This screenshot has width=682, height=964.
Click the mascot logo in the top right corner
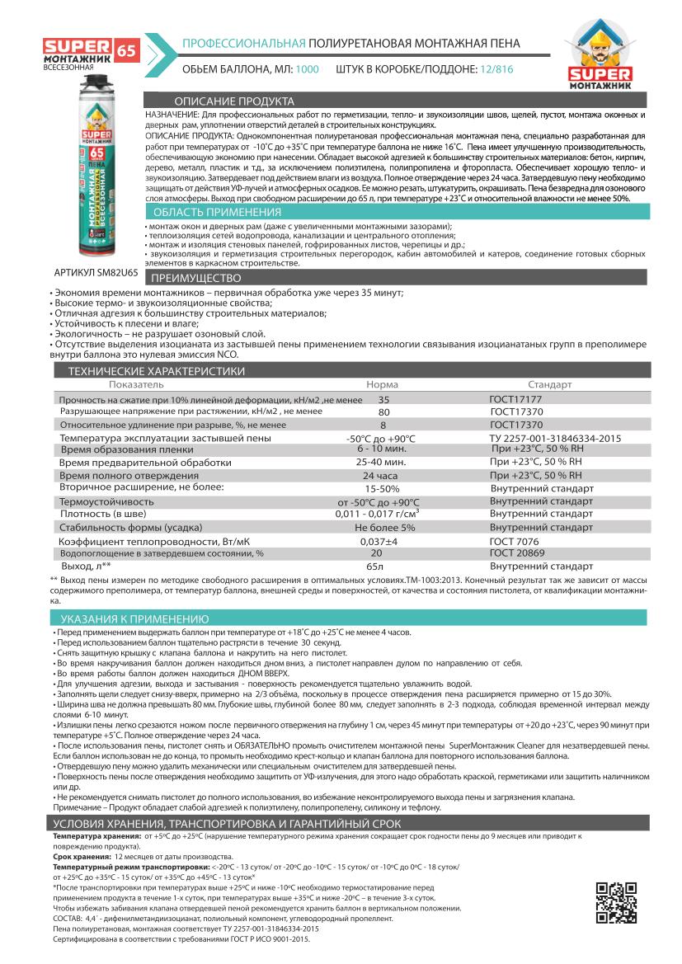click(615, 56)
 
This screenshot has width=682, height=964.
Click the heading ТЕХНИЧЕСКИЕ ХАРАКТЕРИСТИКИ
click(144, 372)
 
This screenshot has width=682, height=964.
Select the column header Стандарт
click(549, 384)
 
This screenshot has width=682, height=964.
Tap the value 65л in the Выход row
click(375, 567)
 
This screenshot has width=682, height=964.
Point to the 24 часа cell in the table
click(380, 476)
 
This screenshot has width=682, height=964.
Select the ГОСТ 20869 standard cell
click(518, 553)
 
